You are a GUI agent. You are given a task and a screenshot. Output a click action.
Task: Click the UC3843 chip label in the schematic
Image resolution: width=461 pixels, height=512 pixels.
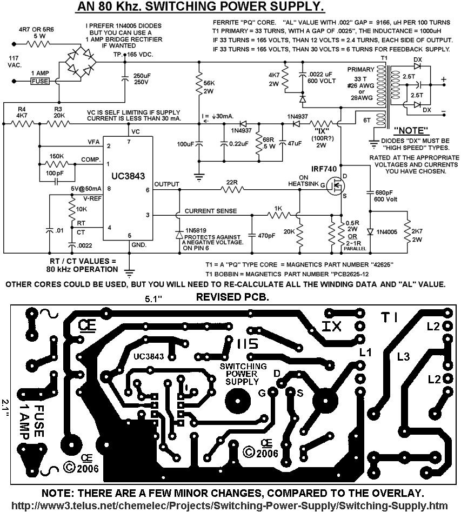(x=128, y=176)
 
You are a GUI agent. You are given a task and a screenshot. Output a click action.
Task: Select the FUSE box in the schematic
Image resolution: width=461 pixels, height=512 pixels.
(x=40, y=81)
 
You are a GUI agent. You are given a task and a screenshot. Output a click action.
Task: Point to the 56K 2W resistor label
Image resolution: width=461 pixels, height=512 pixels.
(x=209, y=87)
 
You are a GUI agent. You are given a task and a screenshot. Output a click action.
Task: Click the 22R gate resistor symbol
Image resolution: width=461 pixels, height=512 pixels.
(x=232, y=189)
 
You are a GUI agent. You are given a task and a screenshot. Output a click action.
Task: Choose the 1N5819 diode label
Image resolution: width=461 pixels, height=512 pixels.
(x=196, y=230)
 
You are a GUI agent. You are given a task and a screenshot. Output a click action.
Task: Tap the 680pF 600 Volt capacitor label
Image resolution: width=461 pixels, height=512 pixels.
(x=385, y=196)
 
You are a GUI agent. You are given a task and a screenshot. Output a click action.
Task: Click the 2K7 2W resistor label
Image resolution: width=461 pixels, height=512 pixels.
(x=417, y=235)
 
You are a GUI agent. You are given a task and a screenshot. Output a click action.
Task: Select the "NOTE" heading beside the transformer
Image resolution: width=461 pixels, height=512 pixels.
(x=411, y=131)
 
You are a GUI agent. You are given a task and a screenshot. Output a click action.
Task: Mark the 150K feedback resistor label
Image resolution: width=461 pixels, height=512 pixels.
(x=57, y=156)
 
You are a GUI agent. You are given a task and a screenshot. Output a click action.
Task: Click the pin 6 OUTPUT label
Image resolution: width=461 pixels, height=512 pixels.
(x=166, y=184)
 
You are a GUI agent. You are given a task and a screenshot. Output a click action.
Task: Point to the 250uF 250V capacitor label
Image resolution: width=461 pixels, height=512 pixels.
(x=142, y=79)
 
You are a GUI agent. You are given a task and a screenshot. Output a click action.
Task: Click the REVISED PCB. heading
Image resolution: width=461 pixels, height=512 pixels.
(x=232, y=297)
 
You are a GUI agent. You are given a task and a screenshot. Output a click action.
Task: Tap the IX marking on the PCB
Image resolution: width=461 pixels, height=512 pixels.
(x=331, y=326)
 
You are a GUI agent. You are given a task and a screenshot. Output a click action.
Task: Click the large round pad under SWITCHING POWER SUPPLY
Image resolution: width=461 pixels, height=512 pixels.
(x=237, y=400)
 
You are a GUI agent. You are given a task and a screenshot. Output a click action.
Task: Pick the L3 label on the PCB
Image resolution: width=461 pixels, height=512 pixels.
(x=403, y=357)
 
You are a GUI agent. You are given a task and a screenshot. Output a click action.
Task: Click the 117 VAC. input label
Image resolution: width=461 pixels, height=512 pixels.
(x=15, y=62)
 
